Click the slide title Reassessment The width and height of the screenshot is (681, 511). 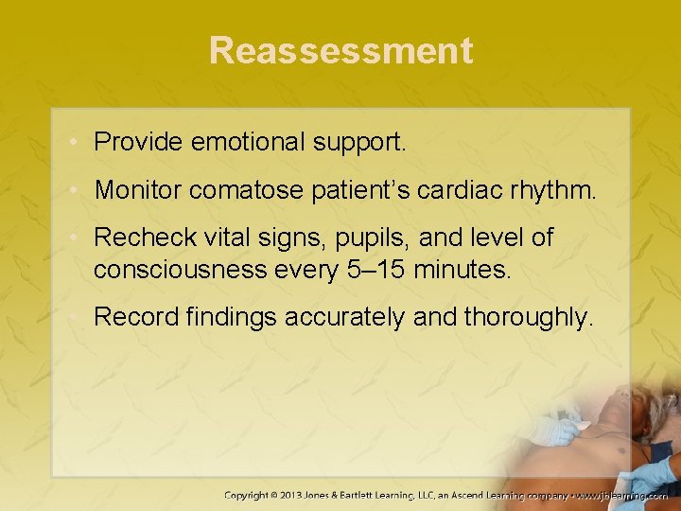coord(340,50)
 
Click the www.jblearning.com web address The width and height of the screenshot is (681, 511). coord(623,495)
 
